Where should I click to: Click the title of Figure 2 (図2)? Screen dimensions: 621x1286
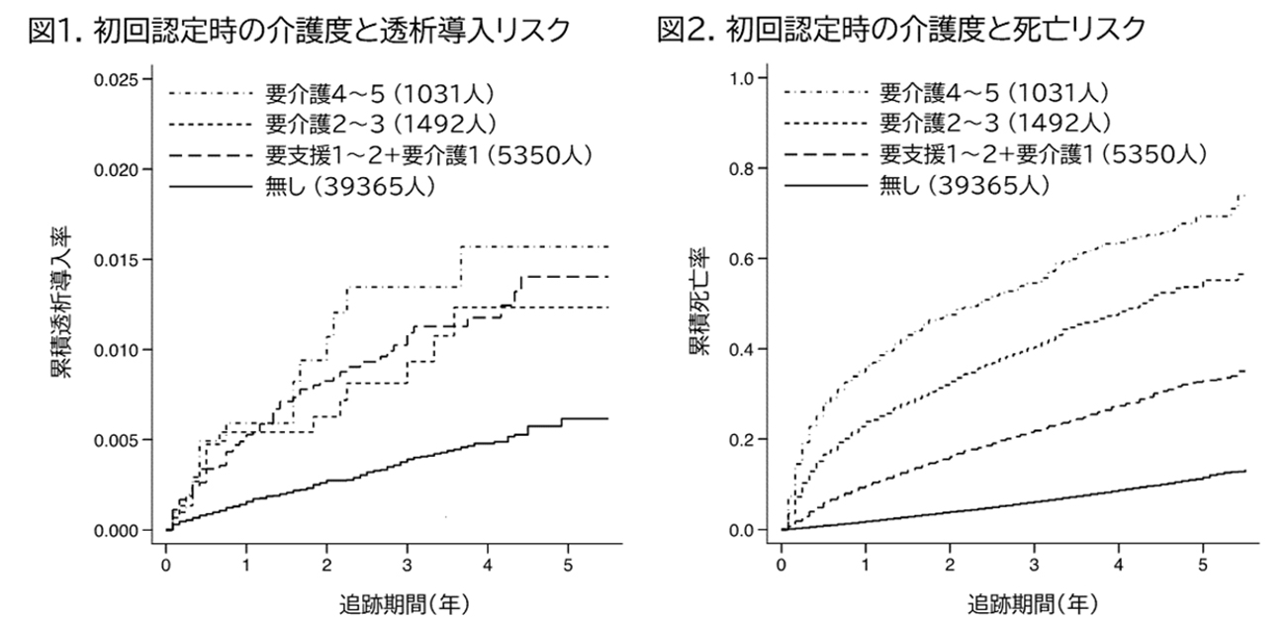pyautogui.click(x=901, y=31)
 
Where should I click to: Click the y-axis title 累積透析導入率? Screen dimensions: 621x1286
pyautogui.click(x=61, y=308)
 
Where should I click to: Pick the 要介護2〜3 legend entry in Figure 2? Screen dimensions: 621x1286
pyautogui.click(x=993, y=126)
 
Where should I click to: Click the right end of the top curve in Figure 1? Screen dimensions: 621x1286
pyautogui.click(x=607, y=246)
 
